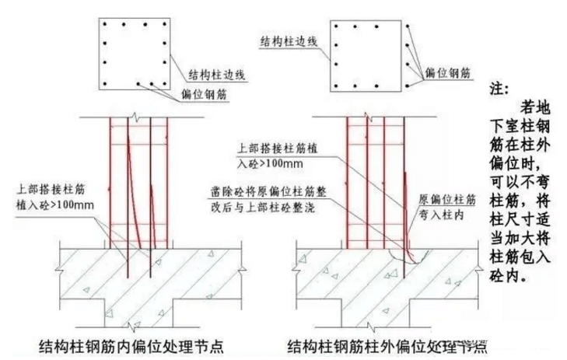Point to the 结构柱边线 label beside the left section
[218, 75]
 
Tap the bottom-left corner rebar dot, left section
[104, 82]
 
